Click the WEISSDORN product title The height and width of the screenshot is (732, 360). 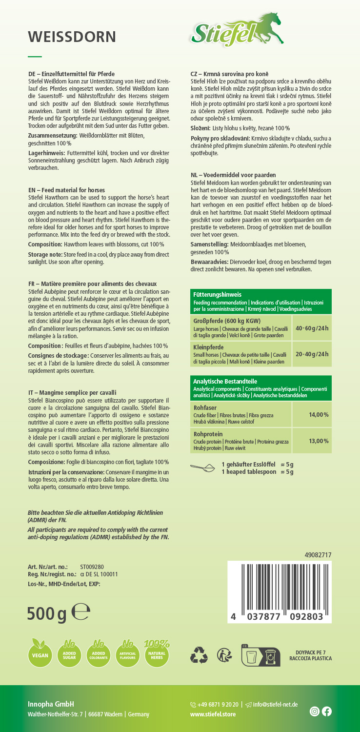coord(72,37)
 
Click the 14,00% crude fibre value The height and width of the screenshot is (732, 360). coord(319,414)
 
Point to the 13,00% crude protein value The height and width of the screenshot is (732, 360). coord(319,441)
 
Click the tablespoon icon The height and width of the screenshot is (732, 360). coord(204,468)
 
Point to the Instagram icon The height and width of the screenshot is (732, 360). coord(315,712)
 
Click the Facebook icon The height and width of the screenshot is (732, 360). coord(326,712)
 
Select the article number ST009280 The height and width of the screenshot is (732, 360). coord(92,567)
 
